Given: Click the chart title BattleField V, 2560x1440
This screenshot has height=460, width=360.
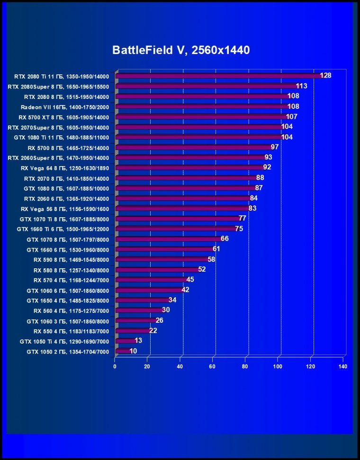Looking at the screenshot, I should [180, 50].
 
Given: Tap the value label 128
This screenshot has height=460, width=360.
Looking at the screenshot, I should [325, 76].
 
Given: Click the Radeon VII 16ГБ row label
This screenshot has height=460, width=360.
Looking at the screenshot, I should [65, 107].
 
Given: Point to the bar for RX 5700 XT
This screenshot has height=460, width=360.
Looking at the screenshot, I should [201, 117].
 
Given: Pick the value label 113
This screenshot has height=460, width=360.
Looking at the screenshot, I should [302, 86].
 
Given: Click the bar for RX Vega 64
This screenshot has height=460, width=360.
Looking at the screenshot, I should [189, 168].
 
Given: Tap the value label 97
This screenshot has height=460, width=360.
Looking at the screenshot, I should [274, 147].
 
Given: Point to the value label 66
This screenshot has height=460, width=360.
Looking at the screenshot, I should [225, 239].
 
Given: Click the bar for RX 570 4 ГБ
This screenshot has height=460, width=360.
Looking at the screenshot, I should [152, 280].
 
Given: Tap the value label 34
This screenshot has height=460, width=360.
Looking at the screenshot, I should [172, 300].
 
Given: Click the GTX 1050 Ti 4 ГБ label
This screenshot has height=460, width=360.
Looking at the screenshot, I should [64, 342].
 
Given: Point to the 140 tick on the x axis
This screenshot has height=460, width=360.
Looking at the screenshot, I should [343, 366].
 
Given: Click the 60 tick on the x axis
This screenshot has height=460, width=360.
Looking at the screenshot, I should [213, 366].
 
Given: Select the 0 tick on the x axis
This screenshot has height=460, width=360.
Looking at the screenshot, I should [115, 366].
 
